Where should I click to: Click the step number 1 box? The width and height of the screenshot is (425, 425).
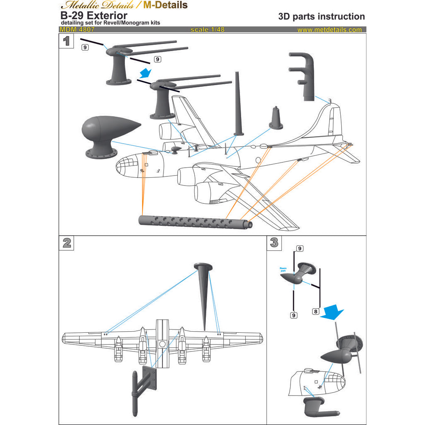66,41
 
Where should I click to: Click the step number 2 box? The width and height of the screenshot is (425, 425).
66,243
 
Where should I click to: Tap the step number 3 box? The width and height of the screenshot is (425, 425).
274,243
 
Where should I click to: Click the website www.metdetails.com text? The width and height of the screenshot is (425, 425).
330,30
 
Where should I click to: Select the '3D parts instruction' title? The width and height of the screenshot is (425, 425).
321,17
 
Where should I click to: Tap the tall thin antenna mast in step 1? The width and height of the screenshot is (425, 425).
237,104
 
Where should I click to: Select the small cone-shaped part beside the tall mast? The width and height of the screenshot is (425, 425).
276,118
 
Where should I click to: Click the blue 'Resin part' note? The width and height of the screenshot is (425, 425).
283,270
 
